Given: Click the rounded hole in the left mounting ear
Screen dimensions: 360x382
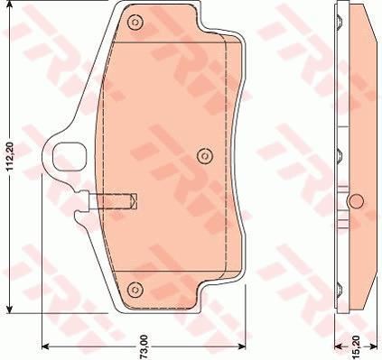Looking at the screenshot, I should pyautogui.click(x=69, y=157).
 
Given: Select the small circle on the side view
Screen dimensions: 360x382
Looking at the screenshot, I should pyautogui.click(x=355, y=198).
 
